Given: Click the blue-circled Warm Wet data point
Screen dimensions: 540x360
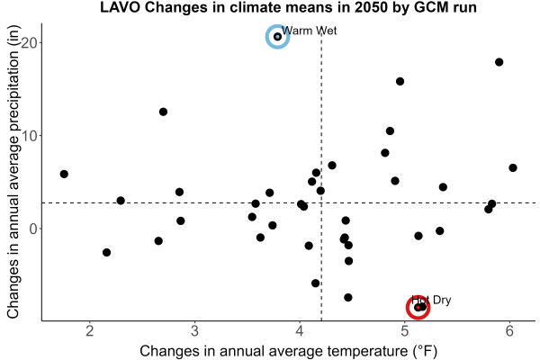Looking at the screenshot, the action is click(277, 37).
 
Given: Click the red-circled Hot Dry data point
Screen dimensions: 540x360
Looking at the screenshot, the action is click(418, 307).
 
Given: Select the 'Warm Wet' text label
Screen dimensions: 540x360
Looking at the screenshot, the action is click(310, 31).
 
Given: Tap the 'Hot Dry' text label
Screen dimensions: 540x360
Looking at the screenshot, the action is click(431, 300).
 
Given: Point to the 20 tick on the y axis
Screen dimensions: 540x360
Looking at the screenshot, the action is click(31, 42).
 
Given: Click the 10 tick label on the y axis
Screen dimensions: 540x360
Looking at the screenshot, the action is click(31, 136).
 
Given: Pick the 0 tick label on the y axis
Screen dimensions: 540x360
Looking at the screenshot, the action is click(34, 229).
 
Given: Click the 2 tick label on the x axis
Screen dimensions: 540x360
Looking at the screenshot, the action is click(90, 330).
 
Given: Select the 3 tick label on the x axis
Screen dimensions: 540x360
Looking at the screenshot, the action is click(195, 330).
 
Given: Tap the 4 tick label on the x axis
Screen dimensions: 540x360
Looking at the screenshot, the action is click(300, 330).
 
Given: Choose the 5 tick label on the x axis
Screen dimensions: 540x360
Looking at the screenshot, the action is click(405, 330).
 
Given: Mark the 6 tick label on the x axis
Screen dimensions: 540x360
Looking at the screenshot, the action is click(509, 330).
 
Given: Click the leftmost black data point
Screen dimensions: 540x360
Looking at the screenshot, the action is click(64, 174).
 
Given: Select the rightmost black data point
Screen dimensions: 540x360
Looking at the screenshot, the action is click(513, 167).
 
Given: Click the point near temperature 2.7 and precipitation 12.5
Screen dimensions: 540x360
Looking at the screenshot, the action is click(163, 112).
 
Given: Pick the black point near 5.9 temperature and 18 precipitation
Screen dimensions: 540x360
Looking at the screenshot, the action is click(499, 62).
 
